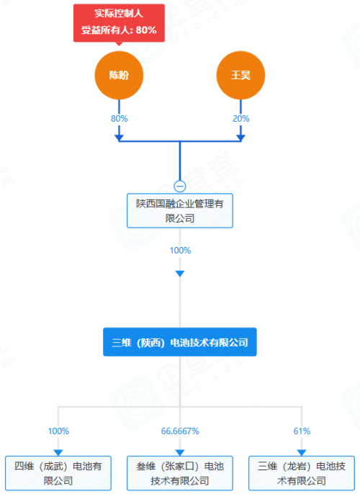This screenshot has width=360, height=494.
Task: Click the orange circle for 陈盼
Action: pos(120,76)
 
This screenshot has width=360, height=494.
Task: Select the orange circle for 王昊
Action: pos(240,76)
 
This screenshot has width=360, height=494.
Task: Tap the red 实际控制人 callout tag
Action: pos(120,22)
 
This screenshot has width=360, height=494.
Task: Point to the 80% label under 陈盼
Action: pos(120,118)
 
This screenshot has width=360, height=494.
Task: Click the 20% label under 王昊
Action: pos(240,118)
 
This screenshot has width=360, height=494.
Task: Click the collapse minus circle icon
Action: pos(180,185)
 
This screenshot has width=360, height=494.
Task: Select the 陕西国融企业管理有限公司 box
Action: pos(180,210)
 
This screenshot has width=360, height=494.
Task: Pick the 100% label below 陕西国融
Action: pos(180,250)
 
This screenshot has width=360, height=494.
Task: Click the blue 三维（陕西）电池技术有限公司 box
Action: pos(180,343)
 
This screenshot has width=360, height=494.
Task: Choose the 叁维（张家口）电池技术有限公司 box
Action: pos(180,472)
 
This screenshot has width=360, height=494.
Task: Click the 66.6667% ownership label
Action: pos(180,431)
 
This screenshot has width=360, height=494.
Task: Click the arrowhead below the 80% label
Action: pos(120,136)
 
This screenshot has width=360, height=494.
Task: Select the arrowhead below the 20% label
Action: pos(240,136)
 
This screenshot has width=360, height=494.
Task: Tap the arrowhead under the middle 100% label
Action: pos(180,274)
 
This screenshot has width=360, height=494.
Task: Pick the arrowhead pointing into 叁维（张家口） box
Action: pos(180,451)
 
